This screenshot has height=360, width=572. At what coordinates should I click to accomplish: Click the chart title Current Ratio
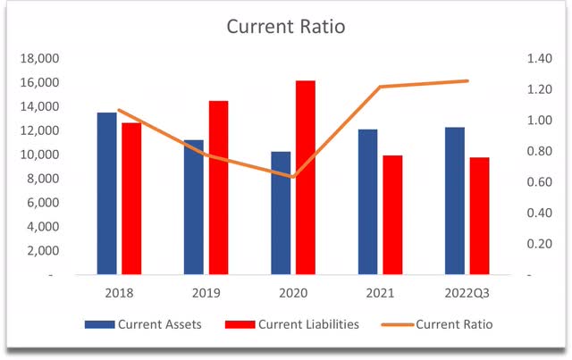coord(285,27)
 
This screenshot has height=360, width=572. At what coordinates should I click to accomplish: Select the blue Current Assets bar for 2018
coord(107,193)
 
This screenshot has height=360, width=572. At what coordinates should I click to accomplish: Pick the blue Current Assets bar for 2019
coord(194,207)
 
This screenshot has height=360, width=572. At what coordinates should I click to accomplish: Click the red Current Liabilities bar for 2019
coord(218,188)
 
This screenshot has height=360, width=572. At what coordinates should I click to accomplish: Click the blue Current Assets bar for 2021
coord(367,202)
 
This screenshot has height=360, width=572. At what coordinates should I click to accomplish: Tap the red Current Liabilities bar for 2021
coord(391,214)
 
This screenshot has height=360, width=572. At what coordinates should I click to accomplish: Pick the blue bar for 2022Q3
coord(455,201)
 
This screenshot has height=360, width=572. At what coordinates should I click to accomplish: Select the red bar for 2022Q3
coord(479,215)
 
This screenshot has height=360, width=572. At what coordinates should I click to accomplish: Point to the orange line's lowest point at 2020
coord(293,176)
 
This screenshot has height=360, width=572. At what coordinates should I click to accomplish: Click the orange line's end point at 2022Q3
coord(467,81)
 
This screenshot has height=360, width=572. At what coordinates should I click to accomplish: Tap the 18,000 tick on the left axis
coord(38,59)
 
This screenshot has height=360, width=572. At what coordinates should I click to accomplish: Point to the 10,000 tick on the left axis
coord(38,155)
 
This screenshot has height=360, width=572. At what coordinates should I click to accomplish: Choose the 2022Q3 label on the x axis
coord(467,292)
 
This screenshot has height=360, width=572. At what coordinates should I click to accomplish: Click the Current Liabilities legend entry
coord(295,323)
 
